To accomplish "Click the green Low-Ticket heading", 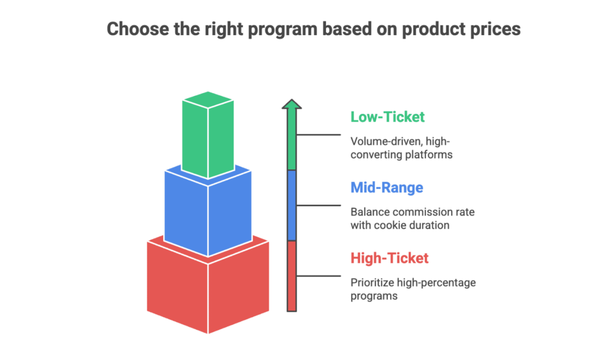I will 387,117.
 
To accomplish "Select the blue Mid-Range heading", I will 386,188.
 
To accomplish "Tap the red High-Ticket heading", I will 390,258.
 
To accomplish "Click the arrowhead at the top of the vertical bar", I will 292,105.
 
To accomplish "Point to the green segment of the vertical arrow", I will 292,142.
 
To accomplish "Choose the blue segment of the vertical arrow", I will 292,205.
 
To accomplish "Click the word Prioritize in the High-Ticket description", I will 372,283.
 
